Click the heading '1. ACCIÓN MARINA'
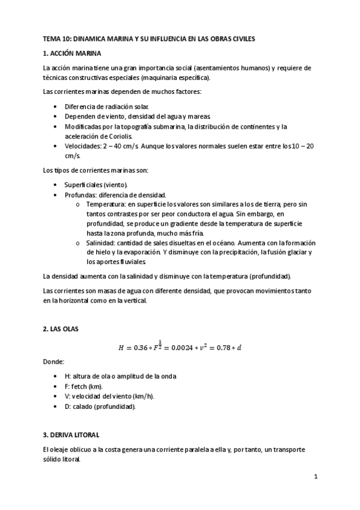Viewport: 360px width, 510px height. pyautogui.click(x=67, y=54)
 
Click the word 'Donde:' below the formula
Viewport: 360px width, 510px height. pyautogui.click(x=52, y=363)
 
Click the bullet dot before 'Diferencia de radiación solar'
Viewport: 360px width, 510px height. pyautogui.click(x=55, y=106)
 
